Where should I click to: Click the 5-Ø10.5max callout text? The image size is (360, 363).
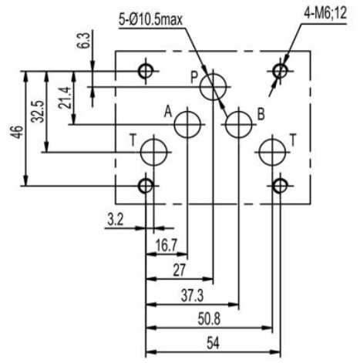[150, 19]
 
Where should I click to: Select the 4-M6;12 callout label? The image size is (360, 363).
[325, 13]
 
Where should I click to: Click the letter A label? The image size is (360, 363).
[168, 112]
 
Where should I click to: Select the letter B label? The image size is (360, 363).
[261, 114]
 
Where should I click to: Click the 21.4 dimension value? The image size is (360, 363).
[64, 98]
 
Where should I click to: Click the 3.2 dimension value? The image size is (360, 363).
[116, 220]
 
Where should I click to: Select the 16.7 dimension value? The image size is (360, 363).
[167, 245]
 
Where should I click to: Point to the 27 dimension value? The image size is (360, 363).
[179, 270]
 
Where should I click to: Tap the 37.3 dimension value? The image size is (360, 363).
[192, 295]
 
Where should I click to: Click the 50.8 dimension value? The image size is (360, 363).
[209, 319]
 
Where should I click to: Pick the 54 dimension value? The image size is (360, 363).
[214, 343]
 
